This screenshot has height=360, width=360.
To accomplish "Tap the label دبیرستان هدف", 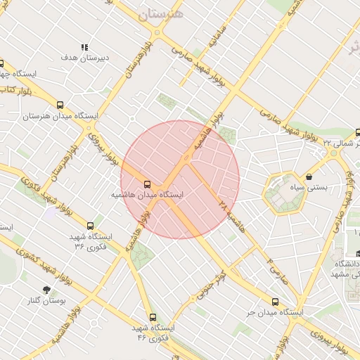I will click(83, 58).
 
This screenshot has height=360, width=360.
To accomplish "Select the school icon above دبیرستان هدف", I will click(84, 47).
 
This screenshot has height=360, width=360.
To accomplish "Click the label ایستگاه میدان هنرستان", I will click(60, 115).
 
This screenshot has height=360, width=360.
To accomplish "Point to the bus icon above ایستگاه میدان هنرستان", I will click(60, 104).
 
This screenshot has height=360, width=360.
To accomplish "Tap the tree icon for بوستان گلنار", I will click(46, 289).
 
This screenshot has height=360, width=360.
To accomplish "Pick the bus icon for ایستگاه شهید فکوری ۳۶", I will click(90, 226).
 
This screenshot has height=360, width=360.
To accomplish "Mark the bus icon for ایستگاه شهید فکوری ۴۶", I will click(153, 317).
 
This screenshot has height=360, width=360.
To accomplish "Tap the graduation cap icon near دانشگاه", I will click(357, 254).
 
